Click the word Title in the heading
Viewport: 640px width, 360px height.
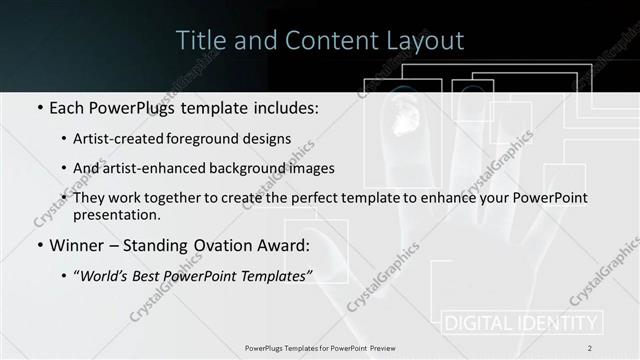(x=199, y=41)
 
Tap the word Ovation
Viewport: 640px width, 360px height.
(x=246, y=244)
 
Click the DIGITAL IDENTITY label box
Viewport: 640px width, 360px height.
(x=521, y=323)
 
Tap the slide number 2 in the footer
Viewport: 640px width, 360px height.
(x=590, y=348)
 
